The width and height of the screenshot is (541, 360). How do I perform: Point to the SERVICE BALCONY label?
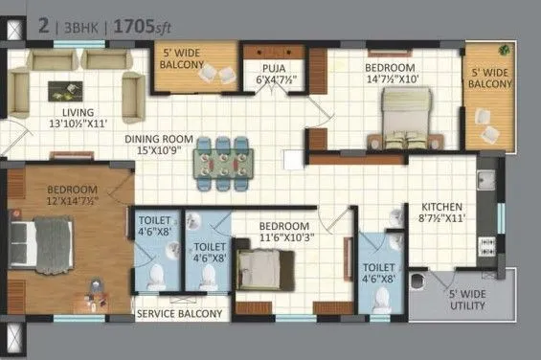(x=179, y=313)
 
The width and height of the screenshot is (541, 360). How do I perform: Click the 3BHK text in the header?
(x=81, y=29)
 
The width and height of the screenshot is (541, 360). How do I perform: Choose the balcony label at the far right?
(x=489, y=78)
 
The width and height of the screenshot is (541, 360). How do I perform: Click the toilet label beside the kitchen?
(x=378, y=275)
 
